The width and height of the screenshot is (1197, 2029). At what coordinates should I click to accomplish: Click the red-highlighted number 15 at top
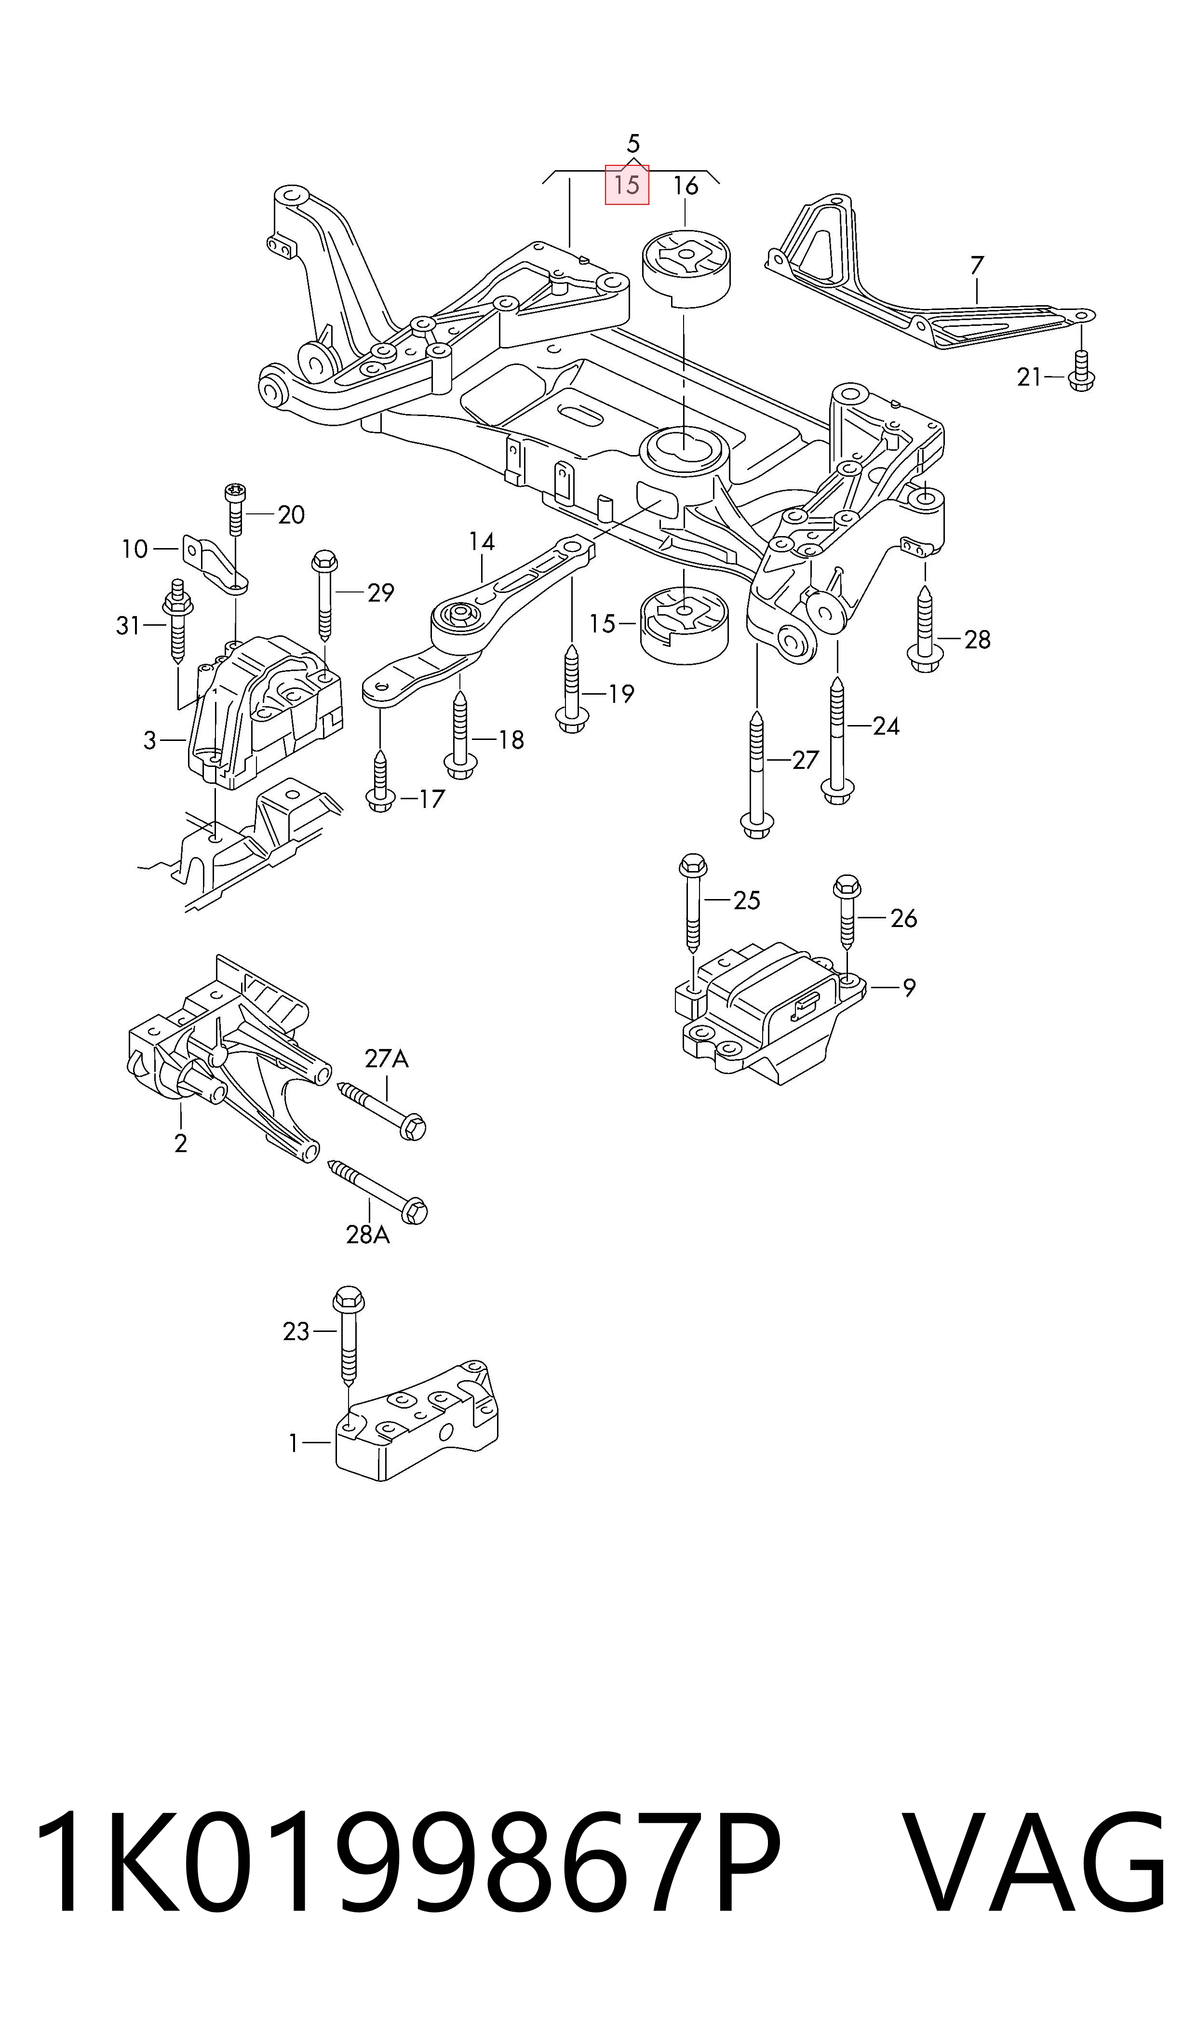tap(627, 186)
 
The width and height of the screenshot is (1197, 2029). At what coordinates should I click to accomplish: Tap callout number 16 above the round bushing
tap(685, 186)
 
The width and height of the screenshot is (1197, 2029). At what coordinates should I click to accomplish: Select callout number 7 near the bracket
tap(977, 265)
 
